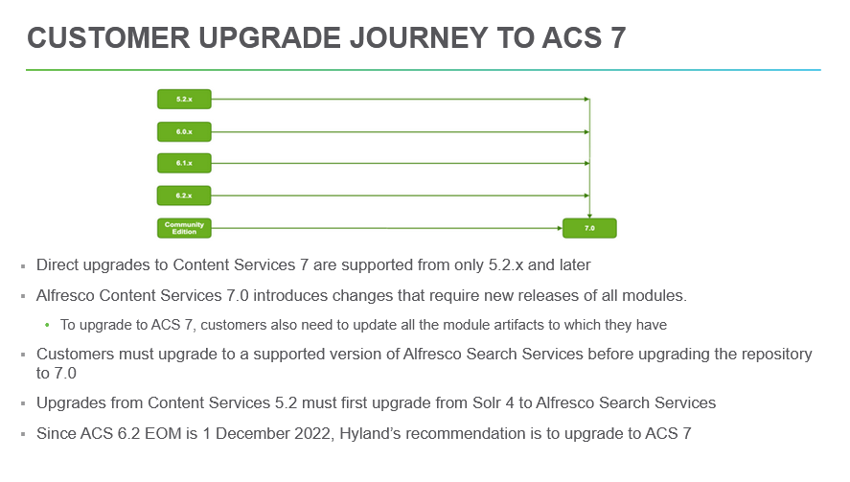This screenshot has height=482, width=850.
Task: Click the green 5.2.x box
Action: pyautogui.click(x=184, y=100)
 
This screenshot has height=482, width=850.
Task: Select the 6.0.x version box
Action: pyautogui.click(x=184, y=131)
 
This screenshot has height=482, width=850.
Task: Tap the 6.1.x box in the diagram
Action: pyautogui.click(x=184, y=163)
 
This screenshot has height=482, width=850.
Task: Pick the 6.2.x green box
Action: pyautogui.click(x=184, y=195)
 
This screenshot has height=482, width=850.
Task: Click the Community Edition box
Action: pyautogui.click(x=184, y=228)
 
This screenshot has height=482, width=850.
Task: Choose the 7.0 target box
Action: pyautogui.click(x=589, y=228)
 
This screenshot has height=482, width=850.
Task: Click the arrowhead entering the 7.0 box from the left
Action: pyautogui.click(x=560, y=228)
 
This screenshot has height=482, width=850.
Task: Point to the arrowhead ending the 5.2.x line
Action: pyautogui.click(x=587, y=100)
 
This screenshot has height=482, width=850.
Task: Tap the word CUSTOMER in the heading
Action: pyautogui.click(x=108, y=38)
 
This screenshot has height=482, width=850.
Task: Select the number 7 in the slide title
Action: pyautogui.click(x=618, y=38)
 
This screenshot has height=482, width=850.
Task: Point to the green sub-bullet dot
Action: pyautogui.click(x=47, y=325)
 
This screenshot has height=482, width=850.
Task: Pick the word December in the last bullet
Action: pyautogui.click(x=252, y=434)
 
